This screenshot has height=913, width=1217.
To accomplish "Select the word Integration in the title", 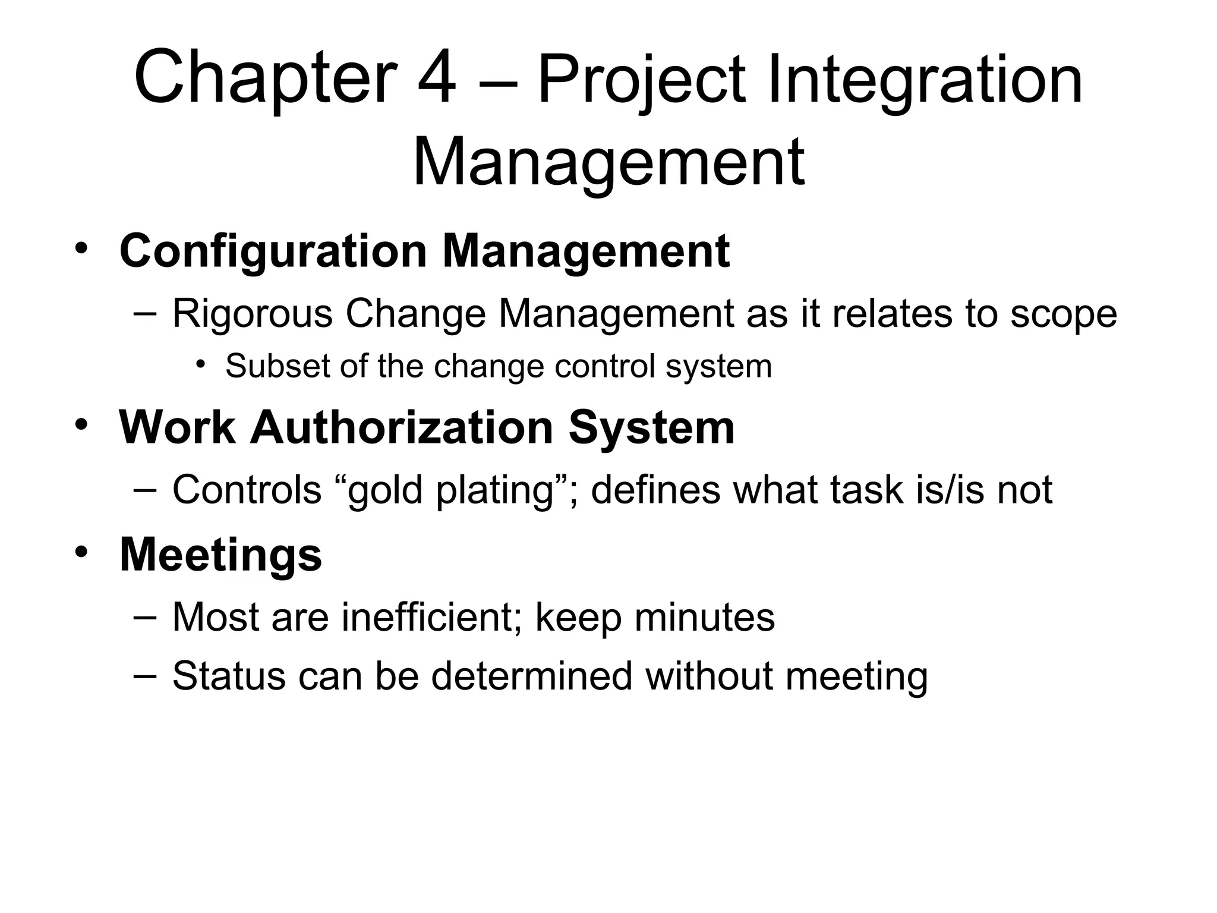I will [x=925, y=79].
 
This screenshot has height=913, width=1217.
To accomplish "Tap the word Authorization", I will [x=402, y=427].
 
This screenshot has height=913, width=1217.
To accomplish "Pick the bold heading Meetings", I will [x=220, y=555].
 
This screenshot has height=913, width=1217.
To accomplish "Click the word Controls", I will [x=247, y=490].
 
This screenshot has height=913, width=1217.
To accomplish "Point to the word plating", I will [x=494, y=490].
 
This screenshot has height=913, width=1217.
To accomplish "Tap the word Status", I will [x=229, y=676].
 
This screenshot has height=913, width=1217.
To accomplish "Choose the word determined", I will [x=532, y=676].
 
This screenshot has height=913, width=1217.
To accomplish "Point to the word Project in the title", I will [x=641, y=79].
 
